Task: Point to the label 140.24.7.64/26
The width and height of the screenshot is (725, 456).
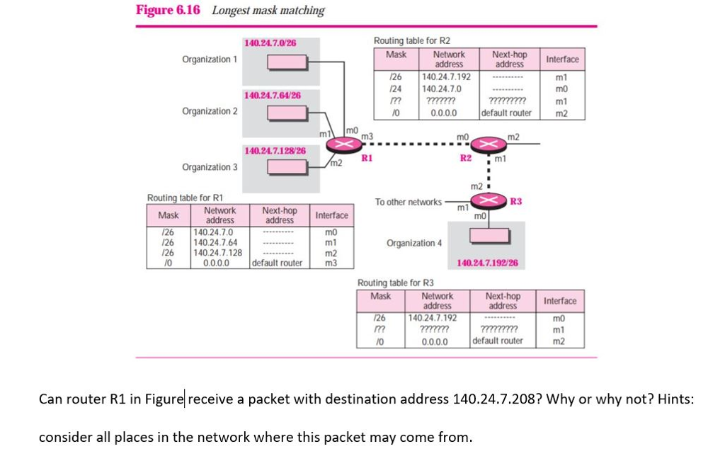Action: click(272, 95)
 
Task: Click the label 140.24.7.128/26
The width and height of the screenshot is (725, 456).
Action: click(275, 151)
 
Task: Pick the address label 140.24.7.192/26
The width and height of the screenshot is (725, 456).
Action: click(487, 263)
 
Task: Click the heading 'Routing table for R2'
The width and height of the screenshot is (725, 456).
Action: click(411, 40)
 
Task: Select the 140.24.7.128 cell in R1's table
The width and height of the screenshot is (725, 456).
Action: click(218, 253)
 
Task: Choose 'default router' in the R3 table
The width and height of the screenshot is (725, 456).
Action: click(498, 341)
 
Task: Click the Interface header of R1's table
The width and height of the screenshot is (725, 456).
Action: click(331, 215)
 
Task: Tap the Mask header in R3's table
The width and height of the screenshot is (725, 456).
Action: click(381, 296)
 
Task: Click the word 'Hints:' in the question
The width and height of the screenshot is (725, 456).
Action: click(675, 399)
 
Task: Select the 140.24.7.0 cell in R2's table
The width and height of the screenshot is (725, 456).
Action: click(441, 89)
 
